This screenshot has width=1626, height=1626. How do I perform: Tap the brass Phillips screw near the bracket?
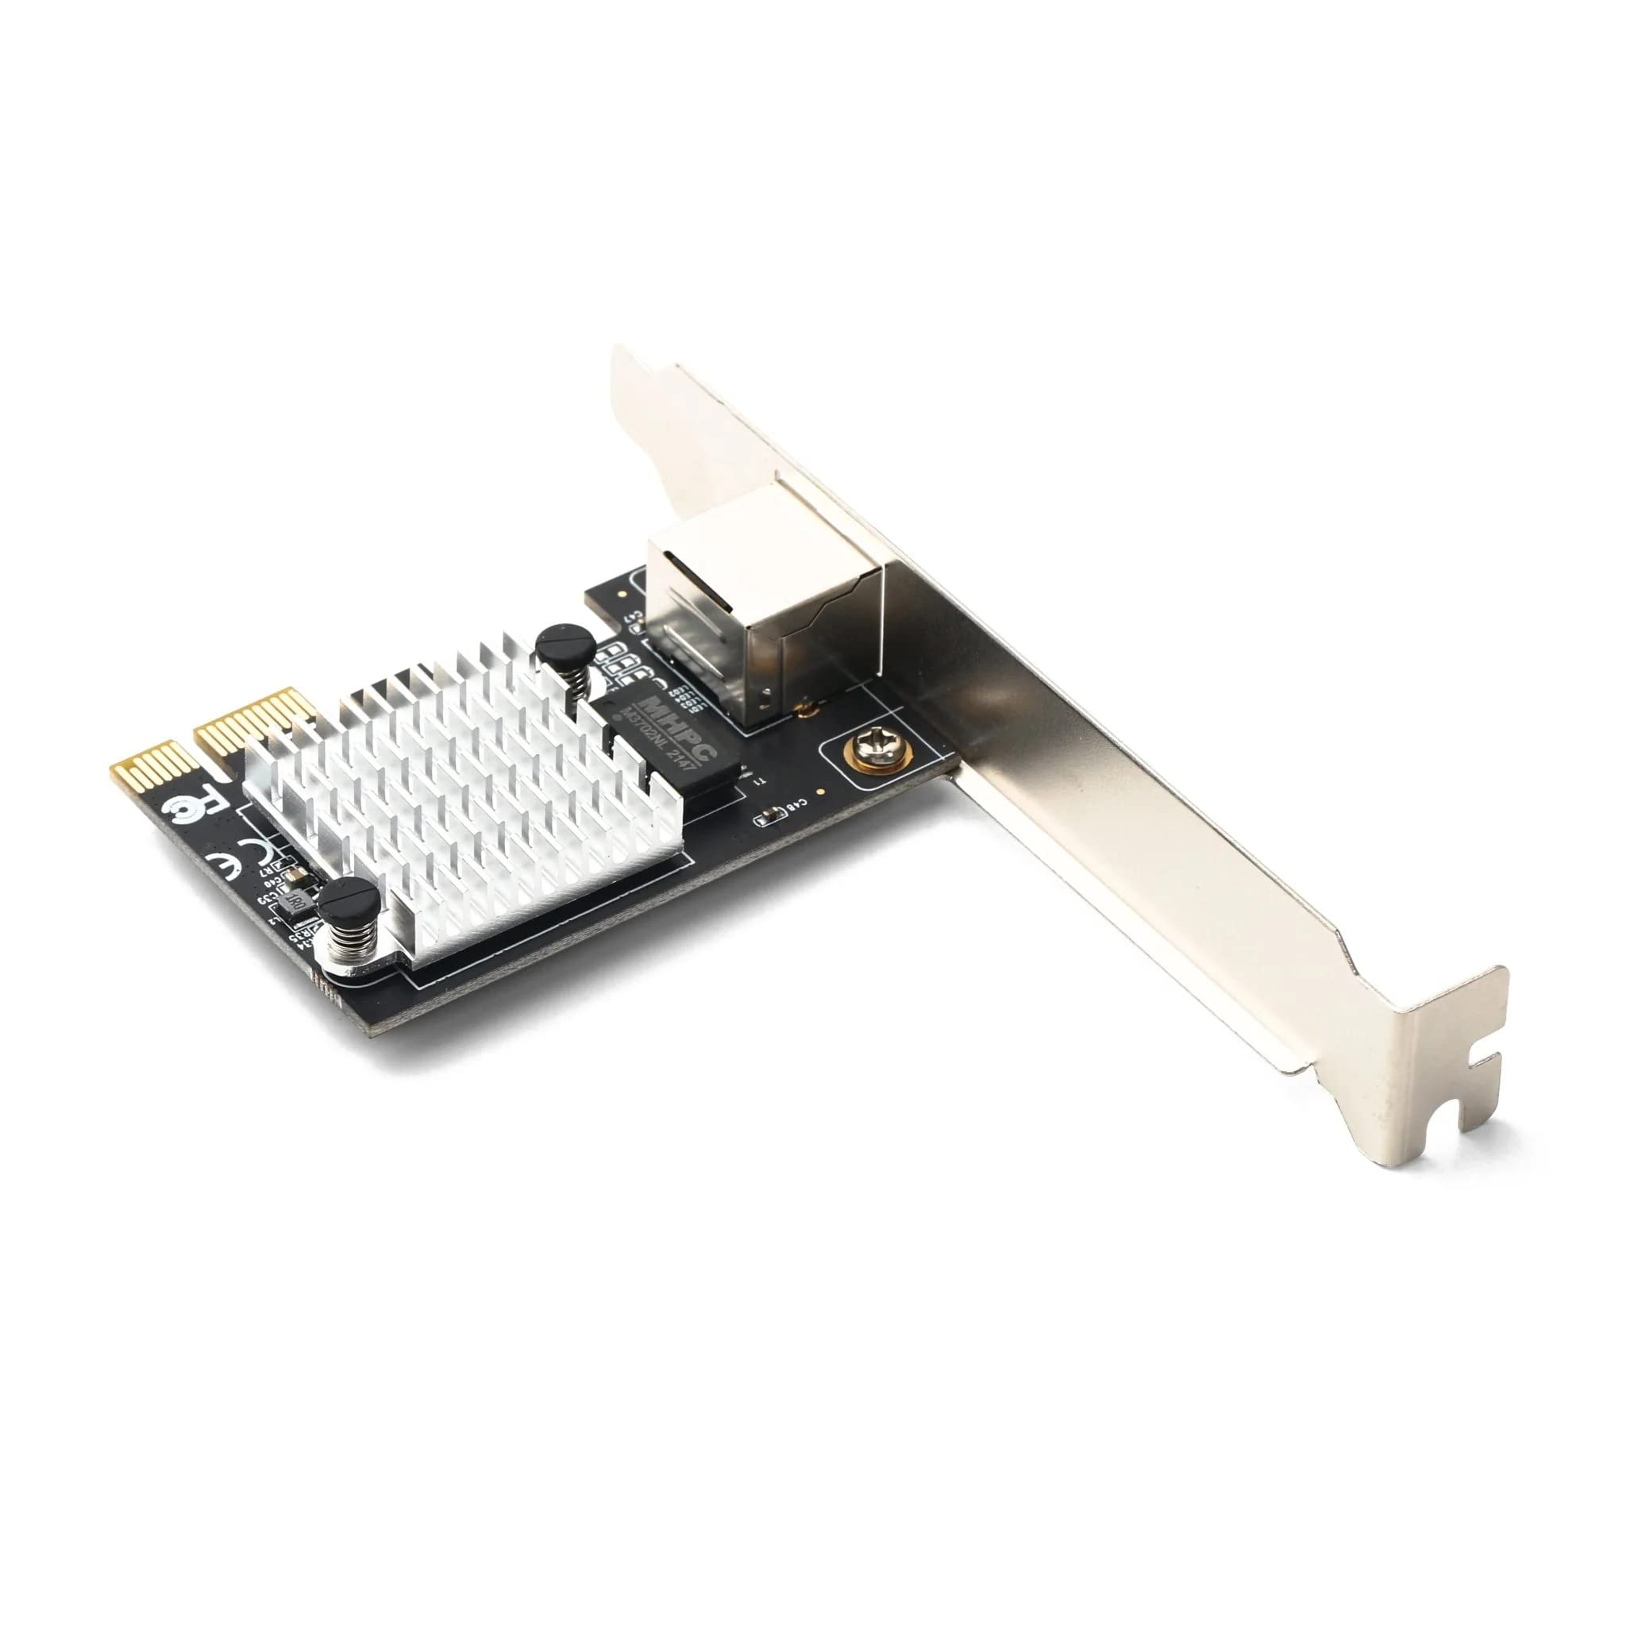click(874, 749)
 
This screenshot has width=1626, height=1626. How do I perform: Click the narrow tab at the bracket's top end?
click(631, 370)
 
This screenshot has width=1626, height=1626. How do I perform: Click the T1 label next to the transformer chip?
click(760, 783)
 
